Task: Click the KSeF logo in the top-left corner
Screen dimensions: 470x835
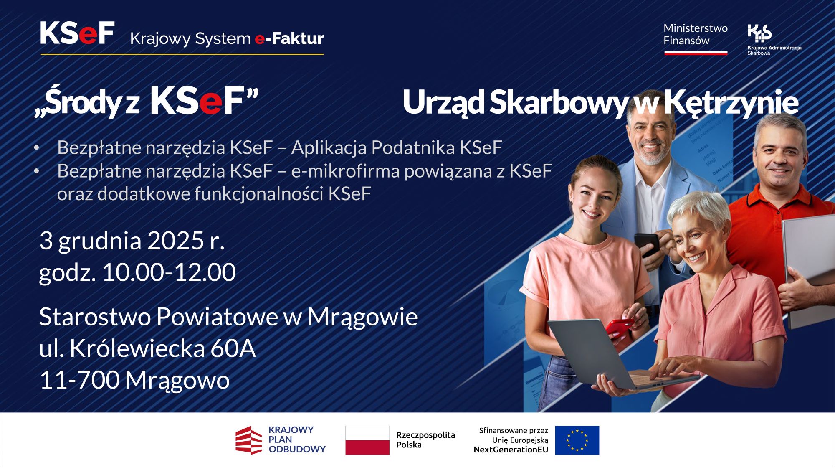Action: click(x=77, y=33)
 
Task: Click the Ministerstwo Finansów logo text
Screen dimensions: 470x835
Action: click(x=695, y=35)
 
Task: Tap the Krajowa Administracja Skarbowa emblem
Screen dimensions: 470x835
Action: click(x=759, y=33)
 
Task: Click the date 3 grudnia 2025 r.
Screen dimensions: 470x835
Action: click(x=132, y=241)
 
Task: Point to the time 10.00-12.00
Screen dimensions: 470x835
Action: click(x=169, y=272)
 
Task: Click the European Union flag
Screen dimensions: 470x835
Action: click(x=577, y=440)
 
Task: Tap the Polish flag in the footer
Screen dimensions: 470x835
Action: click(x=367, y=440)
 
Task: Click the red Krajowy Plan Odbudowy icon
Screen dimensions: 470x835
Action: click(x=249, y=440)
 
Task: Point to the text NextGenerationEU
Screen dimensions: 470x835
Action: click(x=511, y=450)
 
